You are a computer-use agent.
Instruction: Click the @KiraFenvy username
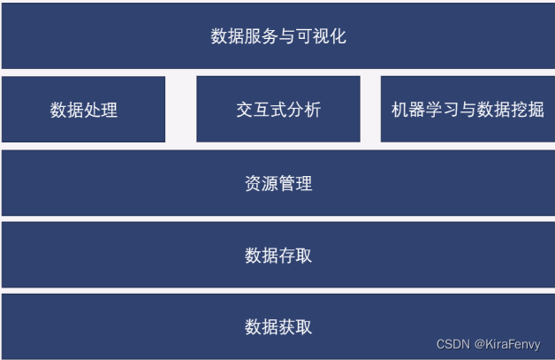(507, 344)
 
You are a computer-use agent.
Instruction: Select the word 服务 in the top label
(262, 36)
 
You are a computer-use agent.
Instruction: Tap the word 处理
(101, 111)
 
